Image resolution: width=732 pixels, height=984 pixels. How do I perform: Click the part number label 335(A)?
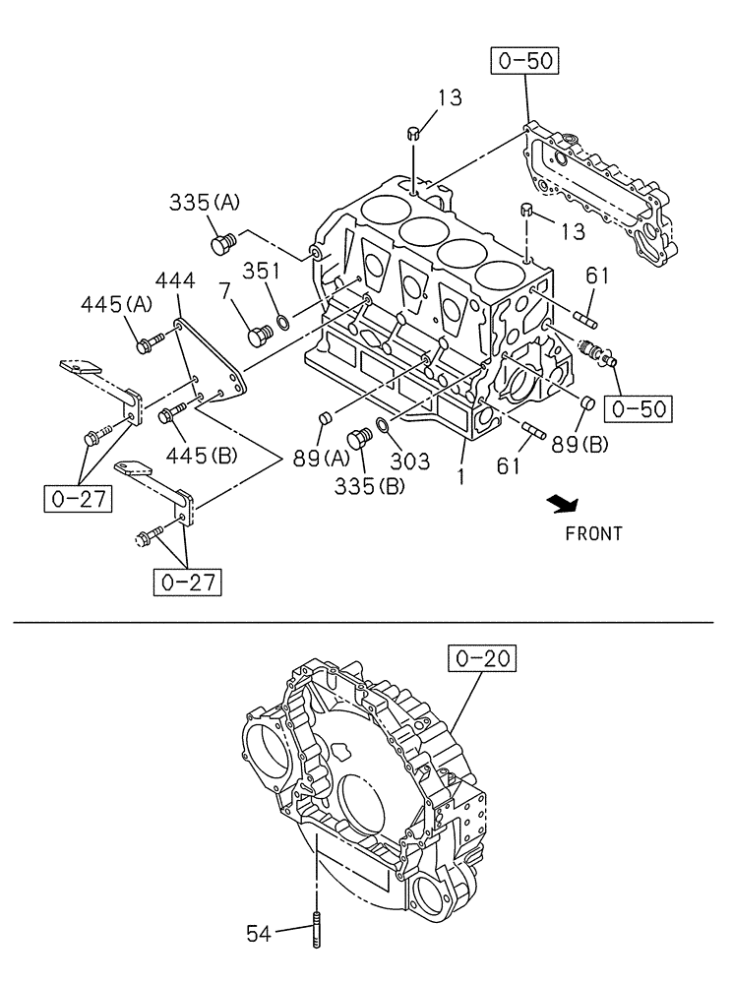pos(205,204)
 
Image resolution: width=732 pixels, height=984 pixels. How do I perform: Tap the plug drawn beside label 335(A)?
pos(222,241)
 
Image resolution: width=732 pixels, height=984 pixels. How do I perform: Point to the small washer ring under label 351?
pos(283,321)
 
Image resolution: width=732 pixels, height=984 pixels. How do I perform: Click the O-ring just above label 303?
pos(384,423)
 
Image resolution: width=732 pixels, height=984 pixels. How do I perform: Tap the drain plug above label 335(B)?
pos(361,436)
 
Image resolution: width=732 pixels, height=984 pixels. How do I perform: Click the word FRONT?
pos(593,534)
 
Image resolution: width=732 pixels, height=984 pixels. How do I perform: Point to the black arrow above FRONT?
pos(564,505)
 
